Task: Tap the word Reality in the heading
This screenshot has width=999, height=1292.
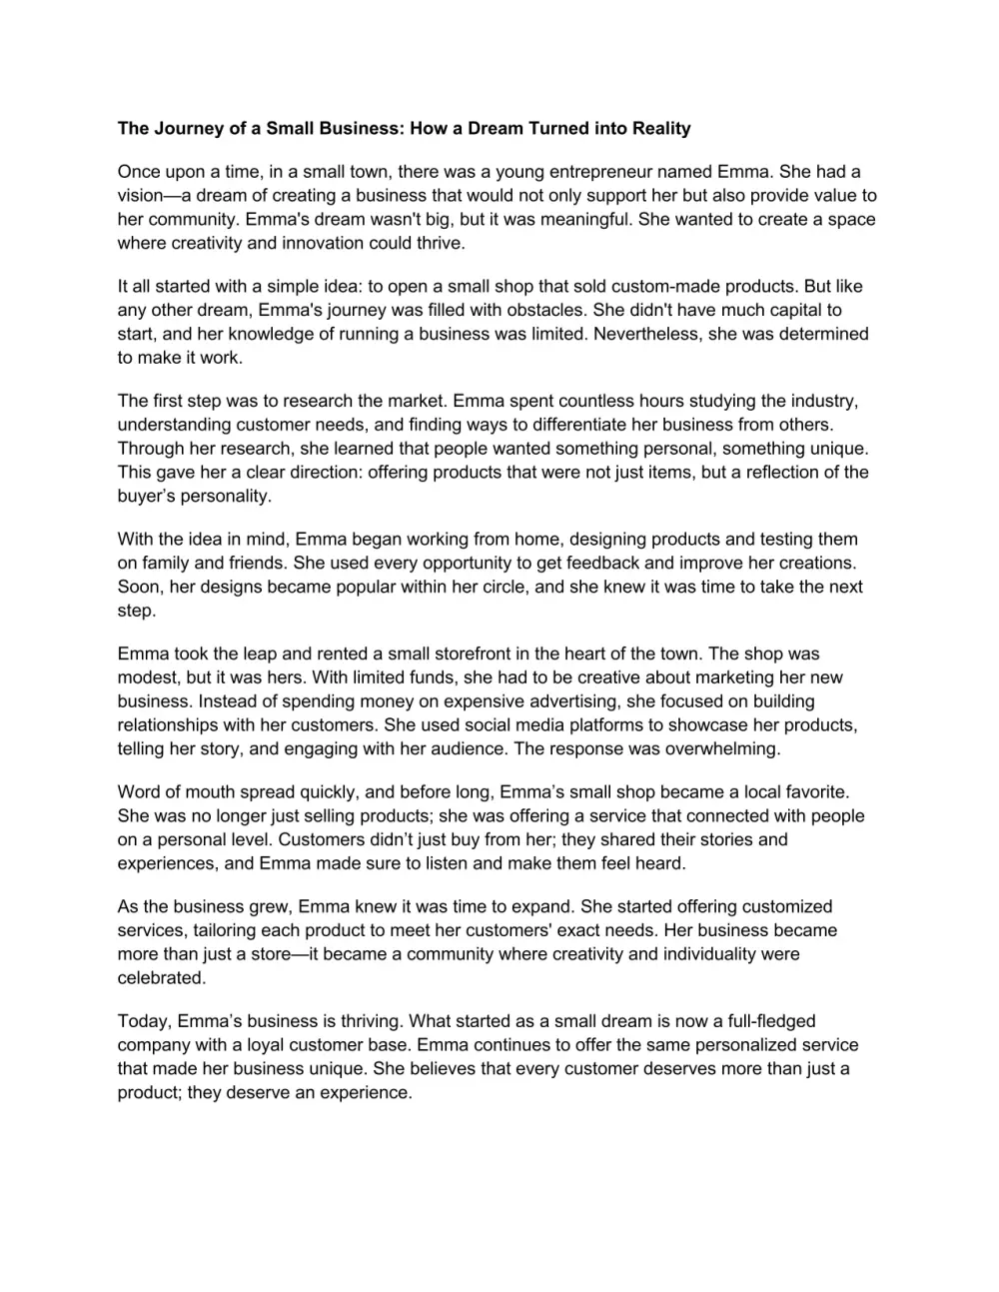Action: (656, 128)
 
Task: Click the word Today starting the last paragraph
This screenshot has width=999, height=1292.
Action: (144, 1022)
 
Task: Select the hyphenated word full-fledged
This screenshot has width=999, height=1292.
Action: (766, 1022)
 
